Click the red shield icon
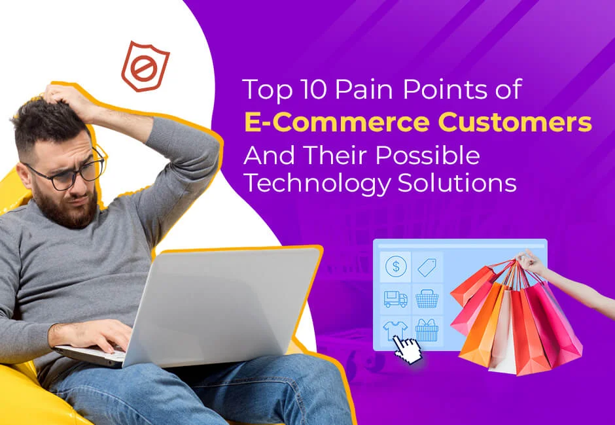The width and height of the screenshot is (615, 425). pyautogui.click(x=145, y=66)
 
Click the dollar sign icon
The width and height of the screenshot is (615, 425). pyautogui.click(x=395, y=266)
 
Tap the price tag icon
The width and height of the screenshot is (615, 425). pyautogui.click(x=427, y=266)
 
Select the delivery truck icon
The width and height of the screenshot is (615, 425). pyautogui.click(x=395, y=299)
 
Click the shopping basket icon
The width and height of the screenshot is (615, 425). pyautogui.click(x=427, y=299)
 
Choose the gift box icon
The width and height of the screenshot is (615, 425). pyautogui.click(x=427, y=330)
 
